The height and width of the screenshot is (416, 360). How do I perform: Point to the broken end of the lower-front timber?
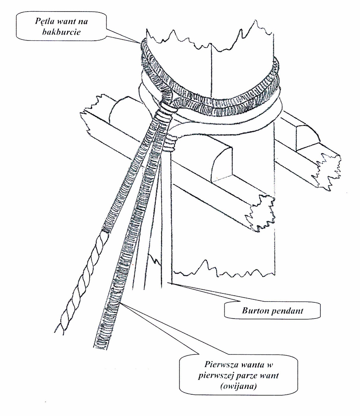260,211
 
